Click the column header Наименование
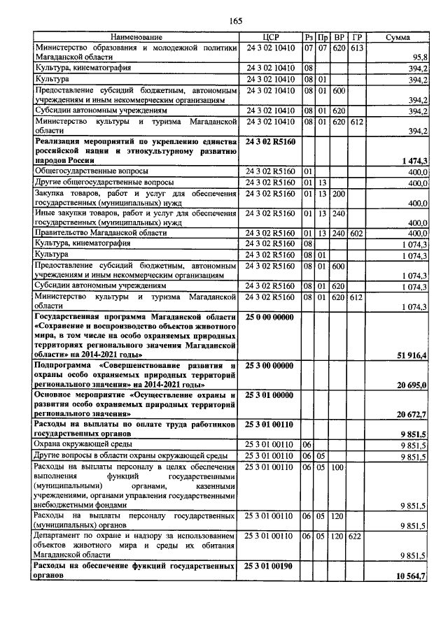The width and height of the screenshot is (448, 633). pos(136,37)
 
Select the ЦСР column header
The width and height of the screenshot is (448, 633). pos(270,37)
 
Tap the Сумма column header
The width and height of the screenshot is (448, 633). pos(398,37)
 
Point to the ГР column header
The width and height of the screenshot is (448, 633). pos(357,37)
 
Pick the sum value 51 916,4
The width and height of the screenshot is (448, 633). pos(413,355)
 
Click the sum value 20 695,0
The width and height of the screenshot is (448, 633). pos(413,385)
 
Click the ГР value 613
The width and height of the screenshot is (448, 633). pos(357,47)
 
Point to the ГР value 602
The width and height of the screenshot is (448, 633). pos(357,232)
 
